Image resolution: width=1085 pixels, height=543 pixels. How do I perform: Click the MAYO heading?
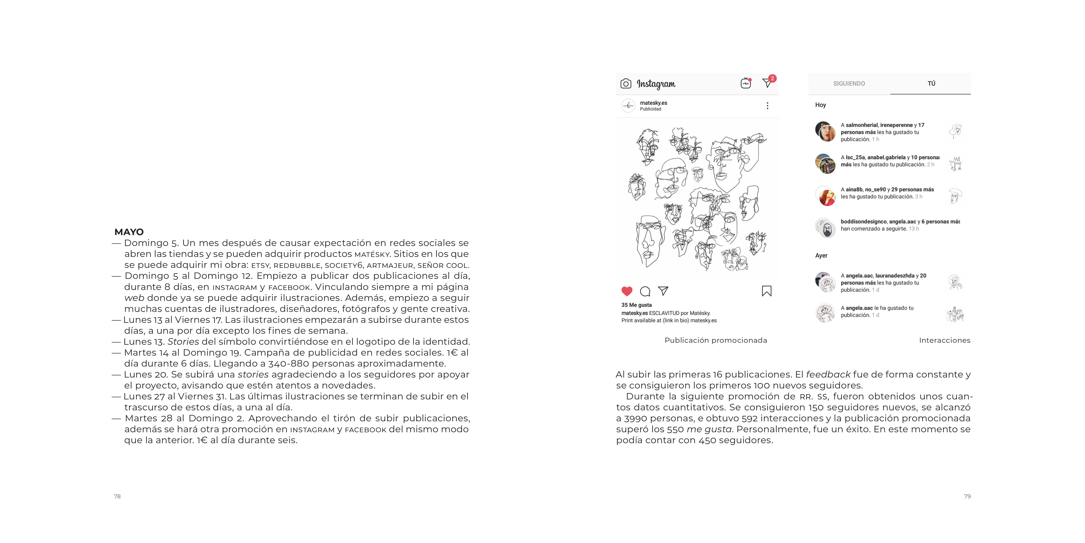129,232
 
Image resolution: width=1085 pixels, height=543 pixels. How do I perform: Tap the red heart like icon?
627,291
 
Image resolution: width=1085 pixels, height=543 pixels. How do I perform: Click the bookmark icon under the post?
767,291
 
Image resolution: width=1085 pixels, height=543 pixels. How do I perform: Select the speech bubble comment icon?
645,291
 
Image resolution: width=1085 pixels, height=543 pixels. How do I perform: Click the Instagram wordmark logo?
656,84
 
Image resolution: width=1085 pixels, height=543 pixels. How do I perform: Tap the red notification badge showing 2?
772,78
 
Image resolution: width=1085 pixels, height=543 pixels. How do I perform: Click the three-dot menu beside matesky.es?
767,105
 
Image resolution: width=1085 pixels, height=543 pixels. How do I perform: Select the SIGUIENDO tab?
849,83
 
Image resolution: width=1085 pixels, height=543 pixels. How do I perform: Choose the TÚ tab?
931,83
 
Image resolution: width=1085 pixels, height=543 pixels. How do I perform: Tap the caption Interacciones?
944,340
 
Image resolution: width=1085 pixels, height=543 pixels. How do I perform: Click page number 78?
117,496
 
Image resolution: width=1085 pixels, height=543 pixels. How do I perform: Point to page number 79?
967,496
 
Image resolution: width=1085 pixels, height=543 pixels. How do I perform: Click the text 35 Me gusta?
636,305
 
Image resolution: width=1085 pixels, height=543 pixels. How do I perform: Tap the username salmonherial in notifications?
861,125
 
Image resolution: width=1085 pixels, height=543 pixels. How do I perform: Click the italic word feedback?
828,374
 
